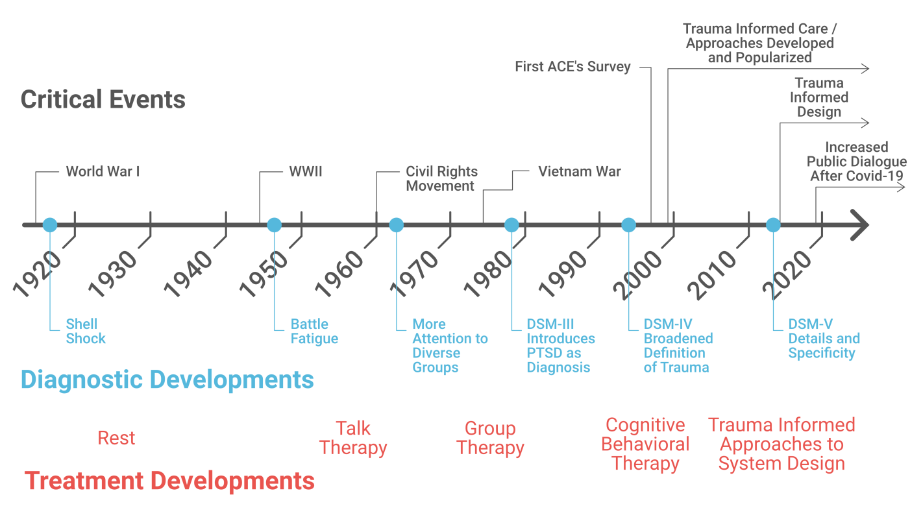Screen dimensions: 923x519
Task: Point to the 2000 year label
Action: pos(637,274)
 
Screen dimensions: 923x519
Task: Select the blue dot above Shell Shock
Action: pos(50,225)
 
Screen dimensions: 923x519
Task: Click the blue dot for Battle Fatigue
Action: pos(274,225)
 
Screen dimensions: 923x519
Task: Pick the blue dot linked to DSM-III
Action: pos(511,225)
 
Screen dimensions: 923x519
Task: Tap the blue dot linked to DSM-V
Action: pos(773,225)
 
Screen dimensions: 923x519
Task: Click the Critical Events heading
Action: pos(103,99)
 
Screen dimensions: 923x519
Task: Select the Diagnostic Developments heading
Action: pos(167,380)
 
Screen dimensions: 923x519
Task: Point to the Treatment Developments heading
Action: pos(169,481)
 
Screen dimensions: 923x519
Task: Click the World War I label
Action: pos(103,171)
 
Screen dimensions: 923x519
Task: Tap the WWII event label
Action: pos(305,171)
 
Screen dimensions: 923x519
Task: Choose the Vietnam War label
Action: pos(580,171)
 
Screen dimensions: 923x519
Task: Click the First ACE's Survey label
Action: pos(572,66)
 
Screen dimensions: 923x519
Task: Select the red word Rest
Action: pos(116,438)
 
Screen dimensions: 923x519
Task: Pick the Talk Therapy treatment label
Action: pos(353,438)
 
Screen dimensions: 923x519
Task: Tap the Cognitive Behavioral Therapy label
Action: pos(645,444)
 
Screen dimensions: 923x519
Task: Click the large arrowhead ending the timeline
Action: pos(861,225)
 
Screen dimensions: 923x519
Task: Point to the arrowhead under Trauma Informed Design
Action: pos(865,123)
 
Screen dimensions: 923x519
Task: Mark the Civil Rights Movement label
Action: pos(442,178)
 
